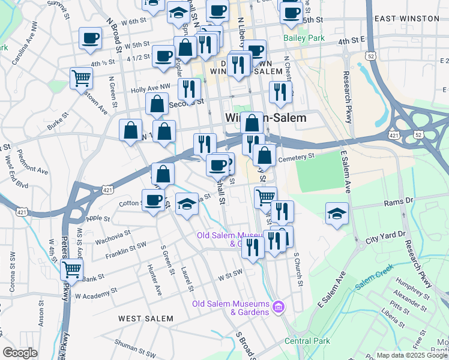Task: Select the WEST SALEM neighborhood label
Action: tap(146, 318)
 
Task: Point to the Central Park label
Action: tap(308, 341)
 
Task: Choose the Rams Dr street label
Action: tap(402, 200)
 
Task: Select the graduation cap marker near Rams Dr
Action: tap(337, 213)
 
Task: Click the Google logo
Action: tap(20, 353)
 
